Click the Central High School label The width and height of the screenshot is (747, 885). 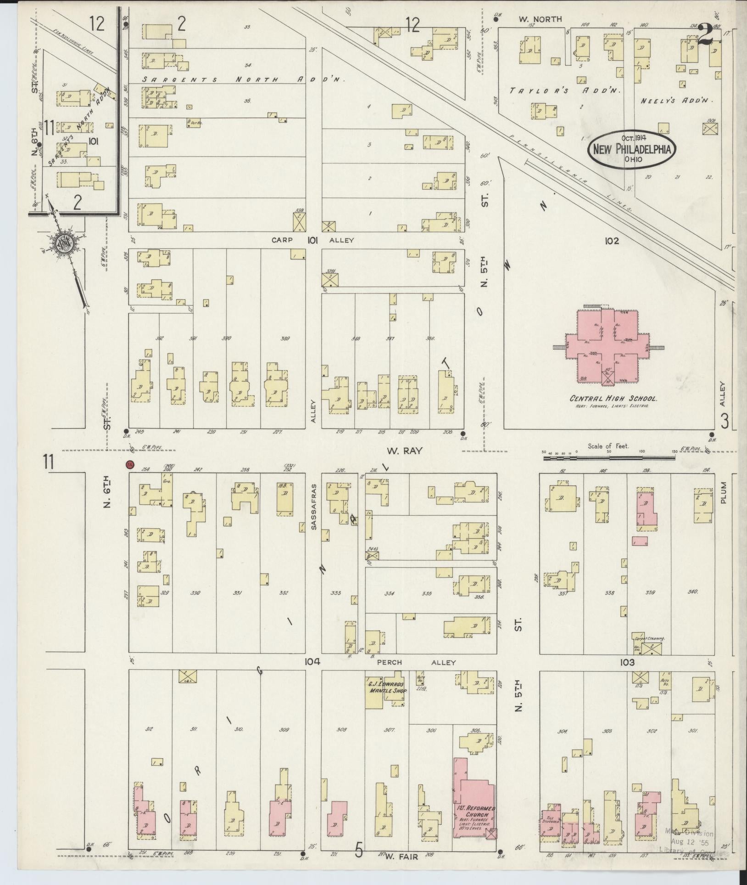pos(613,399)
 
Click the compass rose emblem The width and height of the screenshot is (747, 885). pos(62,243)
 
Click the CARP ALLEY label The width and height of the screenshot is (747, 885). pos(313,240)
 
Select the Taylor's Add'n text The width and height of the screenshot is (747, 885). pos(565,91)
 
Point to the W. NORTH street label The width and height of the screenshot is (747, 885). pos(540,19)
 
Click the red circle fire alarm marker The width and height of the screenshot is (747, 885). pos(131,464)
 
